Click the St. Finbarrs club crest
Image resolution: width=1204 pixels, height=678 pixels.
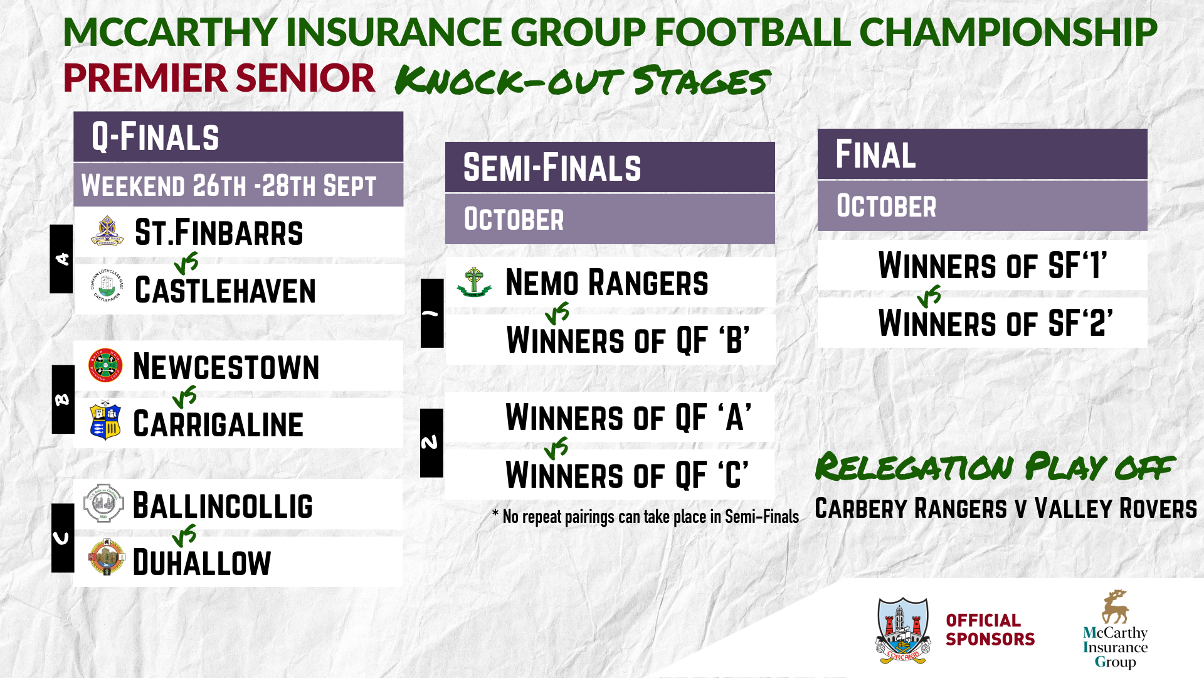pyautogui.click(x=107, y=231)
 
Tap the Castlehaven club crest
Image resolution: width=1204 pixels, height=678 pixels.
pyautogui.click(x=107, y=286)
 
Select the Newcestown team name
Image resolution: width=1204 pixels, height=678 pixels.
pyautogui.click(x=226, y=367)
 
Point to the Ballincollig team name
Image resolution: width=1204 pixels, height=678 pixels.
pyautogui.click(x=223, y=506)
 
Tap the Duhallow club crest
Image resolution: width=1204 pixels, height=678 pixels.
pyautogui.click(x=105, y=557)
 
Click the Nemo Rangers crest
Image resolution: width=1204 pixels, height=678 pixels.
pyautogui.click(x=474, y=282)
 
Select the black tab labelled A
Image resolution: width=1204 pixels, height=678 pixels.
pyautogui.click(x=61, y=259)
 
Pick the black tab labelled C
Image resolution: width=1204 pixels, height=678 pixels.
pyautogui.click(x=63, y=538)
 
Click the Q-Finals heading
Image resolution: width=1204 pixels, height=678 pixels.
pyautogui.click(x=156, y=137)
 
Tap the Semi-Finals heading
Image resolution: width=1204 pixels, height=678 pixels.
pyautogui.click(x=552, y=168)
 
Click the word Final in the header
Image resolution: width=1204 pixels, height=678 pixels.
pyautogui.click(x=875, y=154)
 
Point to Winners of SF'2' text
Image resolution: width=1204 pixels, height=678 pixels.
pyautogui.click(x=995, y=323)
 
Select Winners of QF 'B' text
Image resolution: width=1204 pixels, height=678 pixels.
pyautogui.click(x=628, y=340)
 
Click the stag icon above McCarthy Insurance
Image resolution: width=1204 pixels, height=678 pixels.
pyautogui.click(x=1115, y=606)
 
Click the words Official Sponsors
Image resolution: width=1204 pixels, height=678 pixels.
pyautogui.click(x=990, y=630)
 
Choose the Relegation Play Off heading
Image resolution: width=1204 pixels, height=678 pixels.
pyautogui.click(x=995, y=467)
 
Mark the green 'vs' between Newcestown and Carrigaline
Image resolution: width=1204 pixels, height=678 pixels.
pyautogui.click(x=185, y=397)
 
